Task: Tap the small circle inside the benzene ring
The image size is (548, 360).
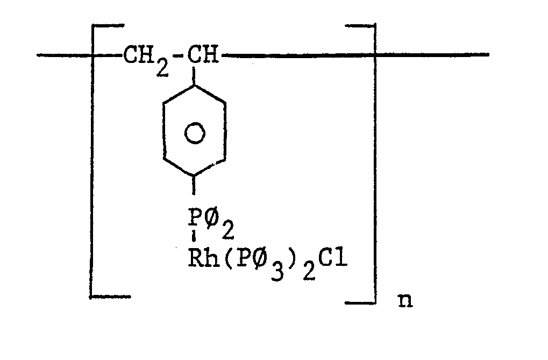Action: pyautogui.click(x=194, y=133)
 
